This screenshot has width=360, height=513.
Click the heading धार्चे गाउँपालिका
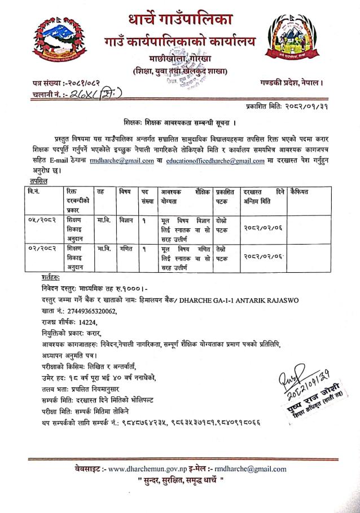(179, 18)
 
